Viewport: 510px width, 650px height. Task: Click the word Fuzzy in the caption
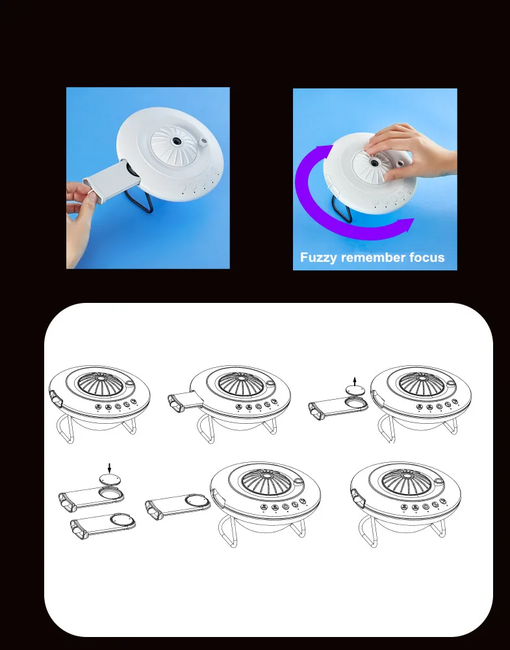[x=318, y=257]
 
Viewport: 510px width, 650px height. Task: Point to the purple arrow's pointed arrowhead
[x=408, y=225]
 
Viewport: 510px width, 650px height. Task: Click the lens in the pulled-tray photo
[x=175, y=140]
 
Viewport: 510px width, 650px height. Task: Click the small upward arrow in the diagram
[x=354, y=380]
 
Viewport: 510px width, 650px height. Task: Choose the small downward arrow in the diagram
[x=108, y=467]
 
